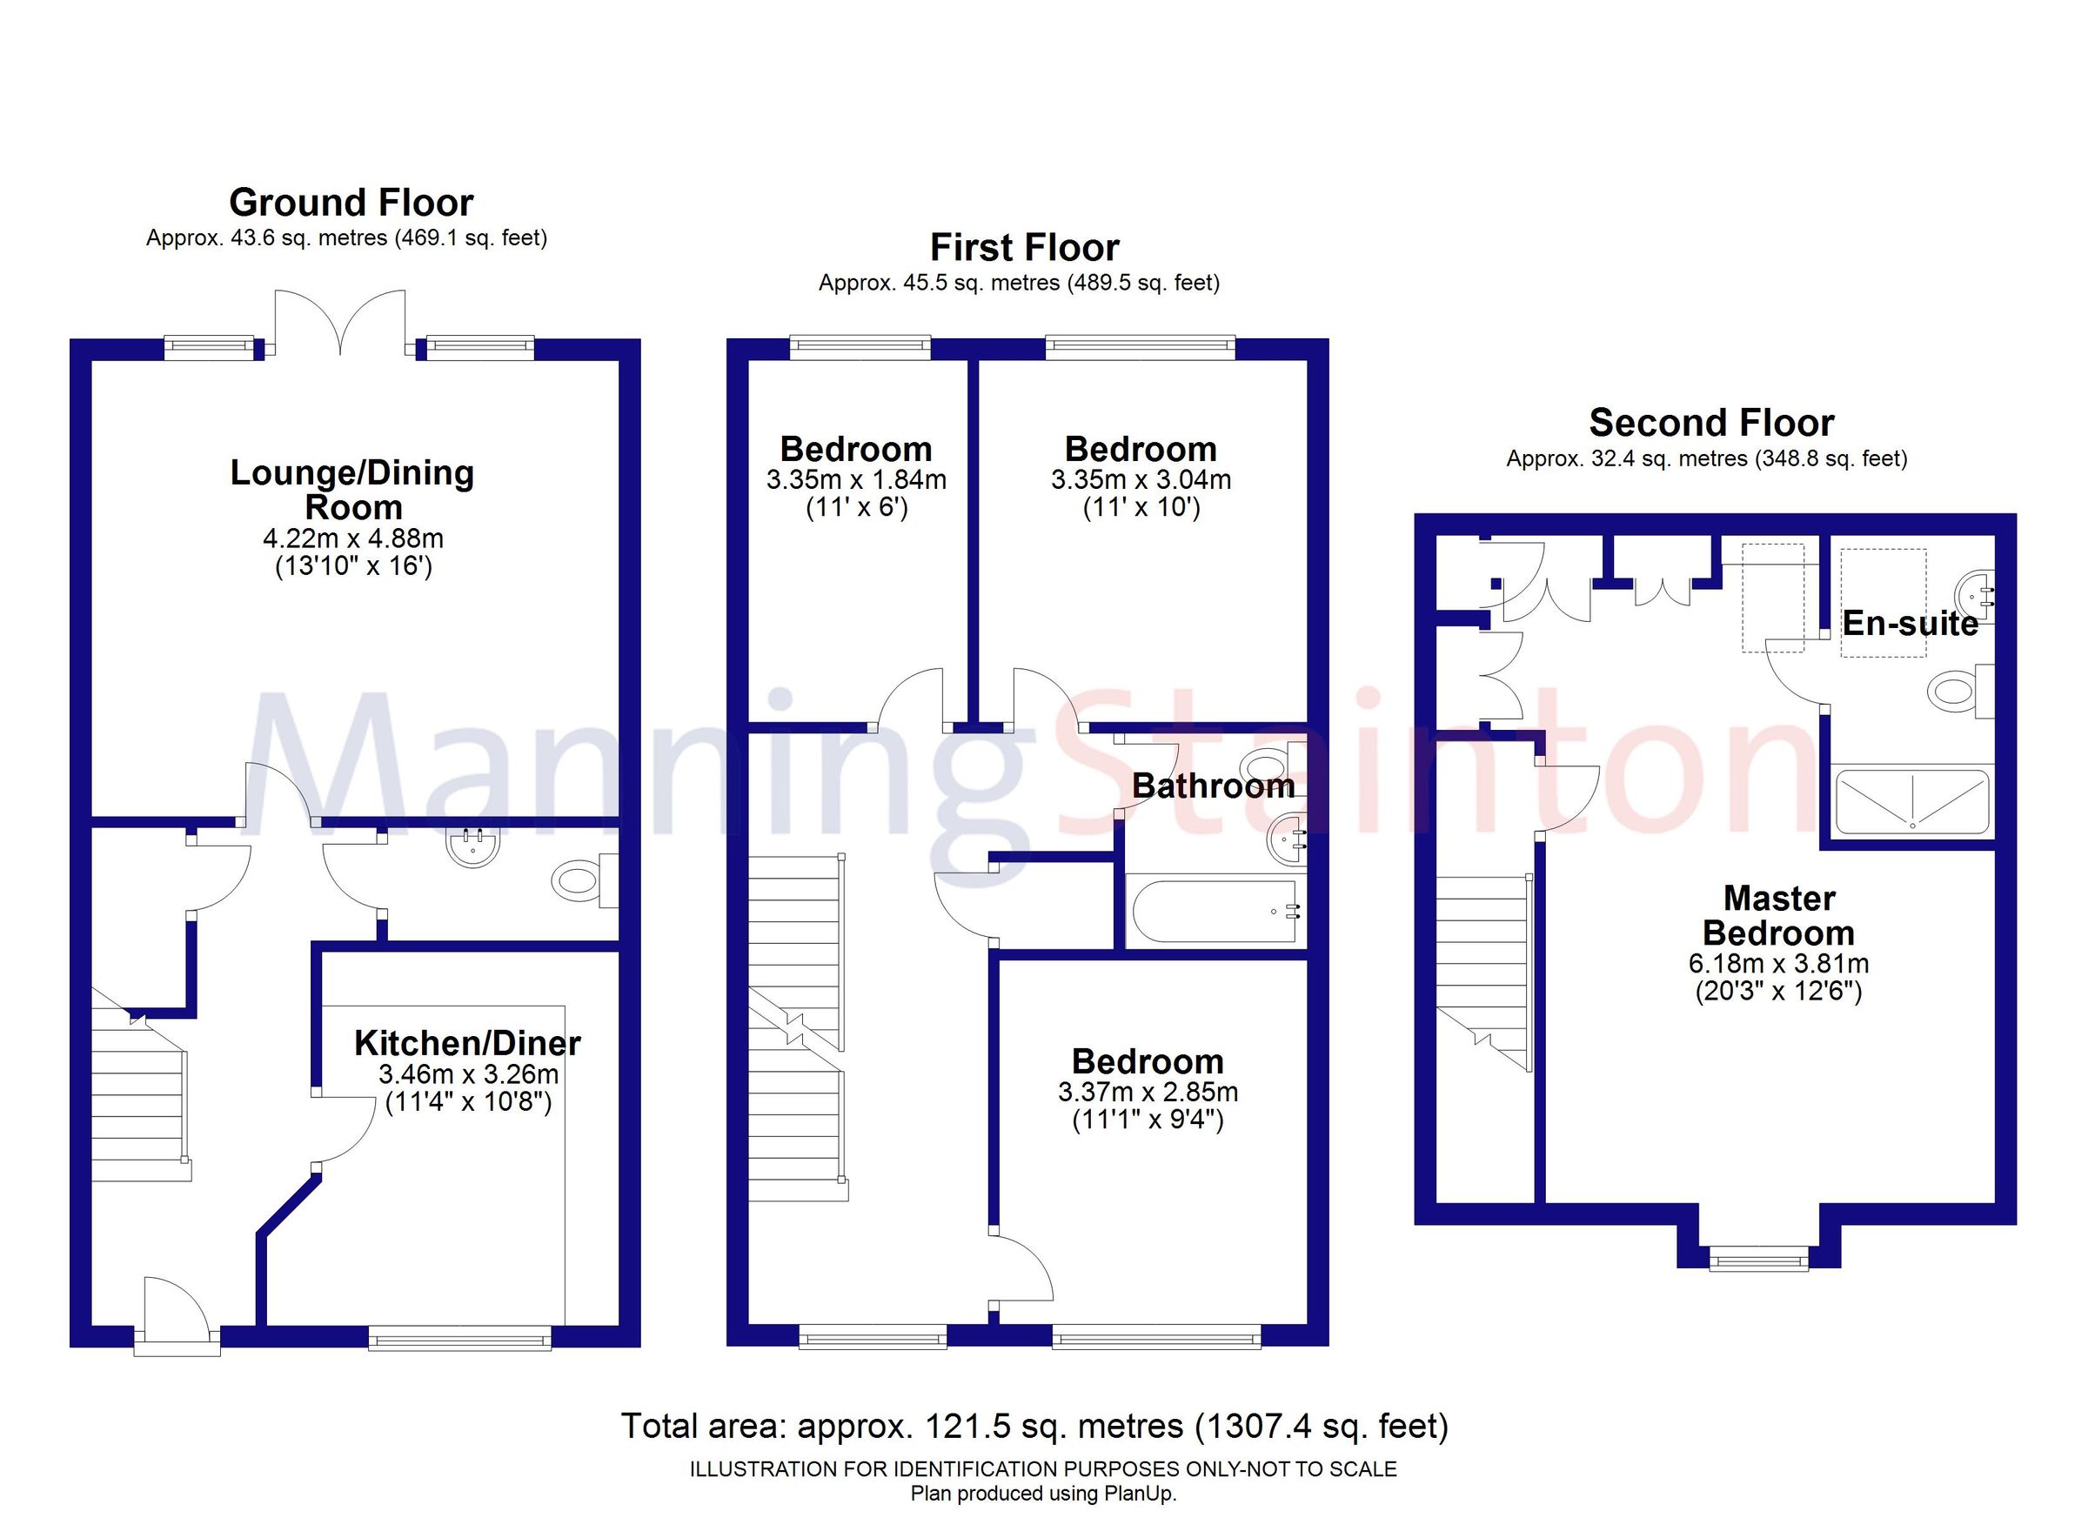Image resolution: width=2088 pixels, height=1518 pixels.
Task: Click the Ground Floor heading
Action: pos(351,203)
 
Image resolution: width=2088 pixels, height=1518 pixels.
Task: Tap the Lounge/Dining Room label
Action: pos(351,490)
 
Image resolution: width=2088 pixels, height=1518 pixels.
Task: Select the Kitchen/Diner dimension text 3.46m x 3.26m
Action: pos(468,1074)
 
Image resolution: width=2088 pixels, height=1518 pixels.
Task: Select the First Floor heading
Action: pos(1024,248)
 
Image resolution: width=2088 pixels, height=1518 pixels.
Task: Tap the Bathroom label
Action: pos(1213,786)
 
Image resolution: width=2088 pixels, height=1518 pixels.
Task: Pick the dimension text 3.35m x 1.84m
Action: pos(856,479)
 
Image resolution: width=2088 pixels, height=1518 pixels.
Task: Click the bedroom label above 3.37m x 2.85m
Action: pos(1148,1061)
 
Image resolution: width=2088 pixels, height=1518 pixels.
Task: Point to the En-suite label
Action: pos(1910,623)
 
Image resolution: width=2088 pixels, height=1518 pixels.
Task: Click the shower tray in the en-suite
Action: pos(1913,802)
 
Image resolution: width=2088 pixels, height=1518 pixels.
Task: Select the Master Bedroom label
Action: pos(1778,915)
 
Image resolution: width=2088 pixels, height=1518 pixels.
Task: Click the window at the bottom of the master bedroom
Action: pos(1758,1258)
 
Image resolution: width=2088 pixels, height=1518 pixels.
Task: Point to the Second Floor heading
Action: pos(1711,423)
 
